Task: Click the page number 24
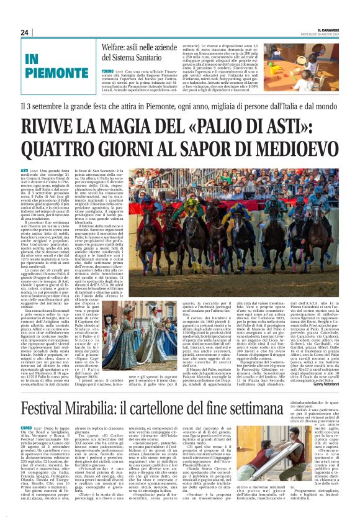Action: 25,32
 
